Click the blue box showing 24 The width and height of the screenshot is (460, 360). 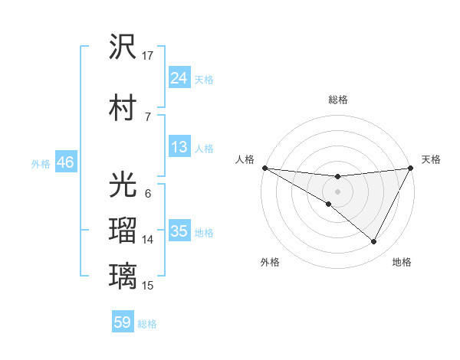pyautogui.click(x=179, y=77)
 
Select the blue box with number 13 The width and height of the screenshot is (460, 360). pyautogui.click(x=179, y=147)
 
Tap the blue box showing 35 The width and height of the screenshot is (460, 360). pyautogui.click(x=179, y=231)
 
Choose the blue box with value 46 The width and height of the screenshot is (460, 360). pyautogui.click(x=64, y=162)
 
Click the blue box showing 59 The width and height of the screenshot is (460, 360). pyautogui.click(x=123, y=322)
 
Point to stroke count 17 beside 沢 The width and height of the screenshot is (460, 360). pyautogui.click(x=148, y=55)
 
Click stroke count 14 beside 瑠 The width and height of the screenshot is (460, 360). pyautogui.click(x=148, y=240)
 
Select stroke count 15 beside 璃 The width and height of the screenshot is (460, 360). pyautogui.click(x=148, y=285)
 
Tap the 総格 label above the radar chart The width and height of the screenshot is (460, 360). pyautogui.click(x=337, y=100)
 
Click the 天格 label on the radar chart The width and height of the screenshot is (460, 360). pyautogui.click(x=431, y=159)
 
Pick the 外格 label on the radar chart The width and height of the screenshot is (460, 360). pyautogui.click(x=270, y=262)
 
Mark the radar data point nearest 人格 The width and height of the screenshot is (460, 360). pyautogui.click(x=264, y=168)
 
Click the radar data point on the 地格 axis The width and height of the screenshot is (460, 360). pyautogui.click(x=374, y=242)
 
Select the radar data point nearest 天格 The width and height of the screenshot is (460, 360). pyautogui.click(x=411, y=168)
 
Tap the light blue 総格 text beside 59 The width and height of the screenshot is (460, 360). pyautogui.click(x=148, y=324)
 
